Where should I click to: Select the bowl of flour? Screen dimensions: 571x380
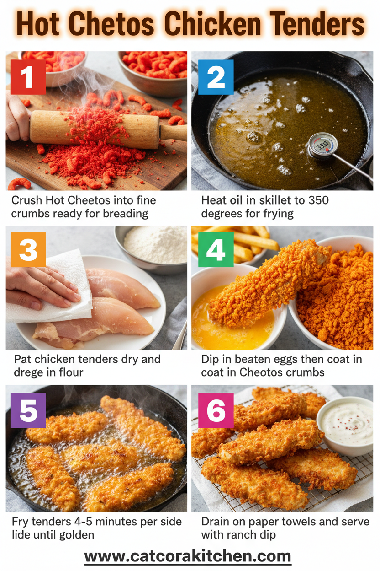(155, 245)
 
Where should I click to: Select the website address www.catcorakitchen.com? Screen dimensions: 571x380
(188, 556)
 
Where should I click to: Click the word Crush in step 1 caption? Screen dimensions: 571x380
(26, 200)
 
